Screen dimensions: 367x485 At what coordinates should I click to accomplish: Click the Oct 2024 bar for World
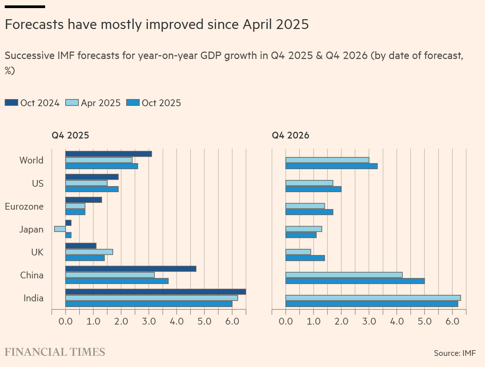click(108, 154)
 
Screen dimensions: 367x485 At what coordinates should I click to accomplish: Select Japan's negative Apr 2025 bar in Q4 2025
click(60, 229)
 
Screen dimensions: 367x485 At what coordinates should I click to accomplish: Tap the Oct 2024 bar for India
click(155, 292)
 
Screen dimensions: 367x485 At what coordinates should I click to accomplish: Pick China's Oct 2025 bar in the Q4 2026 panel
click(355, 281)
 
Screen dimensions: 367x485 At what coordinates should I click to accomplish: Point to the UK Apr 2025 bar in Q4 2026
click(298, 252)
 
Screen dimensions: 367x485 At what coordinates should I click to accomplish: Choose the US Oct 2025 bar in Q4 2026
click(313, 189)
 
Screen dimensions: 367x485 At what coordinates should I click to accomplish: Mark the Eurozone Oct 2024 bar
click(83, 200)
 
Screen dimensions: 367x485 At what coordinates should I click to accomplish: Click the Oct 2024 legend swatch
click(11, 103)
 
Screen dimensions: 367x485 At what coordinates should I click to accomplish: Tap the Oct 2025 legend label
click(161, 103)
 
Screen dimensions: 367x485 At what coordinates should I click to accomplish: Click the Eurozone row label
click(24, 206)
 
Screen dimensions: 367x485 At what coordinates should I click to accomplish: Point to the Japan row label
click(31, 230)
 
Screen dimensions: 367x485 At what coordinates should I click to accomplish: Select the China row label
click(32, 275)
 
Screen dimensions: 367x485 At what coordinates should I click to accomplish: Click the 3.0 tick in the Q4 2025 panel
click(149, 321)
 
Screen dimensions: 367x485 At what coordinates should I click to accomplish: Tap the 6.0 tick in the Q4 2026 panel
click(452, 321)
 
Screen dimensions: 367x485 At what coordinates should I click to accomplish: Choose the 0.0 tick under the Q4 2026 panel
click(286, 321)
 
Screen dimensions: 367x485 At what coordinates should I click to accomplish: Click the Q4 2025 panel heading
click(70, 135)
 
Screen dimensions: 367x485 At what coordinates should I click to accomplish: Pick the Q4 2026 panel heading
click(290, 135)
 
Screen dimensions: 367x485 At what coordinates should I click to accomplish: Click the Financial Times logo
click(55, 352)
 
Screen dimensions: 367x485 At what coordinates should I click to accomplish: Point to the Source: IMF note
click(455, 353)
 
